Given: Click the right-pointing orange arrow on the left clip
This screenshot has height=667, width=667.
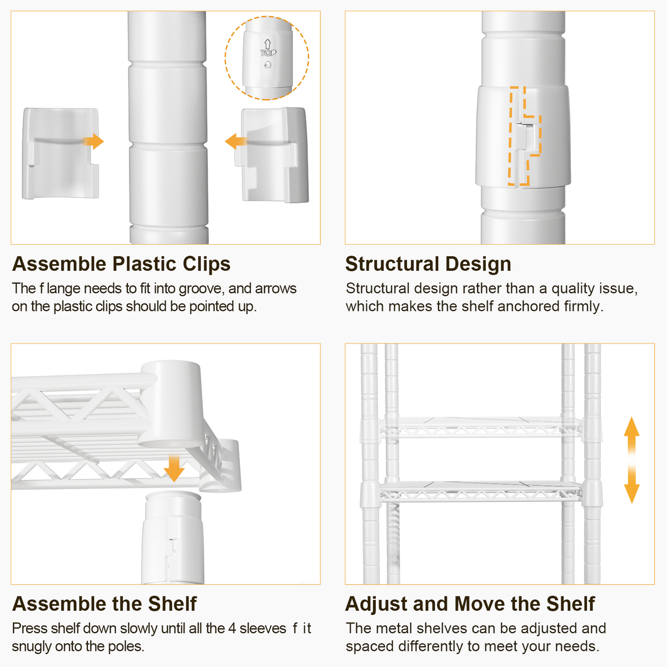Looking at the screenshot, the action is coord(93,142).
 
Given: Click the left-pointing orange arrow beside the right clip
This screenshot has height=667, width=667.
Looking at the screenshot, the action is coord(236,142).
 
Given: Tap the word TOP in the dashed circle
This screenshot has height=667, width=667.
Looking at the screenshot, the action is coord(268,53).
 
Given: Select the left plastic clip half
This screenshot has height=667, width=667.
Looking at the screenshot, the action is coord(61,153).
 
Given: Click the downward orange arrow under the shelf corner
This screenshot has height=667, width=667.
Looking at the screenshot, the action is coord(174,469).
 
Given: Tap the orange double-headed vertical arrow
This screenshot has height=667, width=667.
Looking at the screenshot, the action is coord(631,460).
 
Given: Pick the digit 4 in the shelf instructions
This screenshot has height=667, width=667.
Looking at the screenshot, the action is coord(232,628).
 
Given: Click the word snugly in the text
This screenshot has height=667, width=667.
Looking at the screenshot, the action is coord(31,647).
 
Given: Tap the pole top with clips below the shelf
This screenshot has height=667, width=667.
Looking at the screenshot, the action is coord(173,538).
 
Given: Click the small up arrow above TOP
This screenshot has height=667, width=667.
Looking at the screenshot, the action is coord(267,44).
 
